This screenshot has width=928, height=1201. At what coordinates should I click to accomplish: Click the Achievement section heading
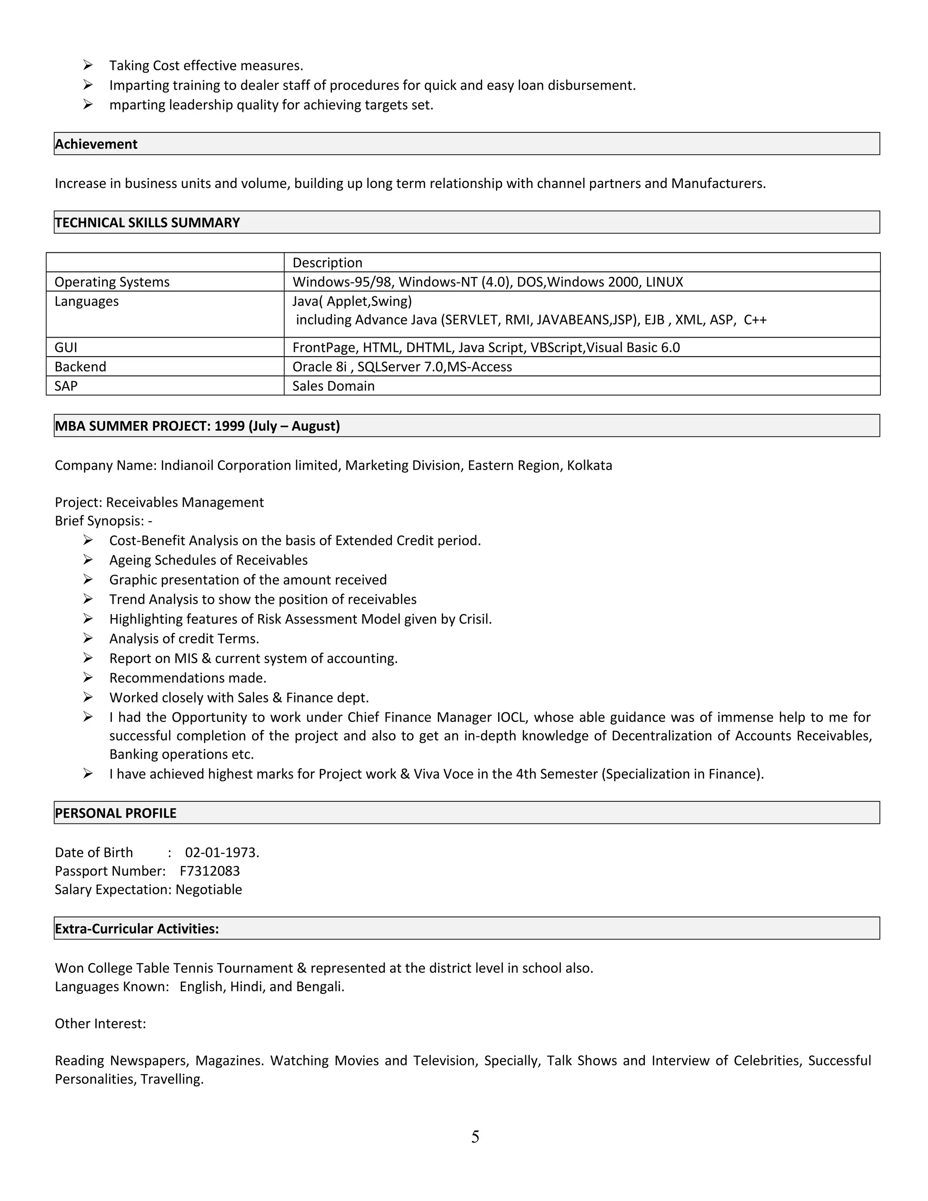point(96,144)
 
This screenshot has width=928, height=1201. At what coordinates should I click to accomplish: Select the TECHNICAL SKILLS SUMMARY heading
point(147,223)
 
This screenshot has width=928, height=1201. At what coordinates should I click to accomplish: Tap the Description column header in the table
point(327,263)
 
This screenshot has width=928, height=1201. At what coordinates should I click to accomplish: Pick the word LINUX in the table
point(664,282)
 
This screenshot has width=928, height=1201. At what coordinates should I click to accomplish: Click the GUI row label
point(66,348)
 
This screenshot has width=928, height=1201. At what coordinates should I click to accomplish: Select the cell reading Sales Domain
point(333,386)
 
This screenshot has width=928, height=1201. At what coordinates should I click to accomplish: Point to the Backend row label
point(80,367)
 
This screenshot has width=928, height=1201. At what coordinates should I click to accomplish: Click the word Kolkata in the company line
point(590,466)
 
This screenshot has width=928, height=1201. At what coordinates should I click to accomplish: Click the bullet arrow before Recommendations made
point(88,678)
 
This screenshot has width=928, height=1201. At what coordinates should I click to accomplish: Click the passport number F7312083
point(209,871)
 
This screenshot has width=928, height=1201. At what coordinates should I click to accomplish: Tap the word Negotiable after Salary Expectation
point(208,890)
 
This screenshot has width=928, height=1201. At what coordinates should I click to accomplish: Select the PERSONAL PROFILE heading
point(116,814)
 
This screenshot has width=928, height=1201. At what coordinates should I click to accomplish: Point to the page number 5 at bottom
point(475,1137)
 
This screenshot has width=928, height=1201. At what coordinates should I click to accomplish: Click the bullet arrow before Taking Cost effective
point(88,65)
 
